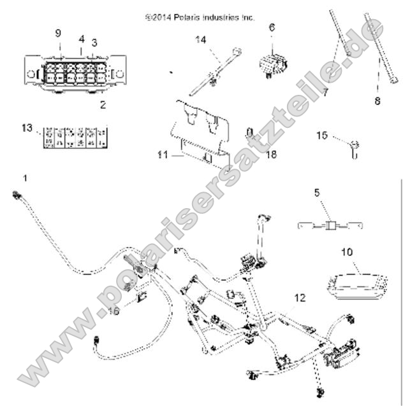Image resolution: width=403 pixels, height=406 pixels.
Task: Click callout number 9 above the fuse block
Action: [x=58, y=32]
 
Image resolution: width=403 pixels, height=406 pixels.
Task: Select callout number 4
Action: [x=81, y=39]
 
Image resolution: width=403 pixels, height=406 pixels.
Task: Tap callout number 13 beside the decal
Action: [x=94, y=43]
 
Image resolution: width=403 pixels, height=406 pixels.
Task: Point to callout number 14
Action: [x=201, y=39]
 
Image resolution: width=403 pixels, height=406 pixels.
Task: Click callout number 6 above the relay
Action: [x=272, y=27]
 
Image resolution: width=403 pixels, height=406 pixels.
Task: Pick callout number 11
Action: [x=161, y=154]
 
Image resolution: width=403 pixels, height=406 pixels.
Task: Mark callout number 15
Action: [x=322, y=135]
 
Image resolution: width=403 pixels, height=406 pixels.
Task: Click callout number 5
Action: [x=316, y=192]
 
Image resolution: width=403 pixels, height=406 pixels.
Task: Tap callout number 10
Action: [x=364, y=253]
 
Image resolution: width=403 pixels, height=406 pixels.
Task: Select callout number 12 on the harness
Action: [x=300, y=297]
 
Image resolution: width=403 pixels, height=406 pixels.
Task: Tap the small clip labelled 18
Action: [x=251, y=135]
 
